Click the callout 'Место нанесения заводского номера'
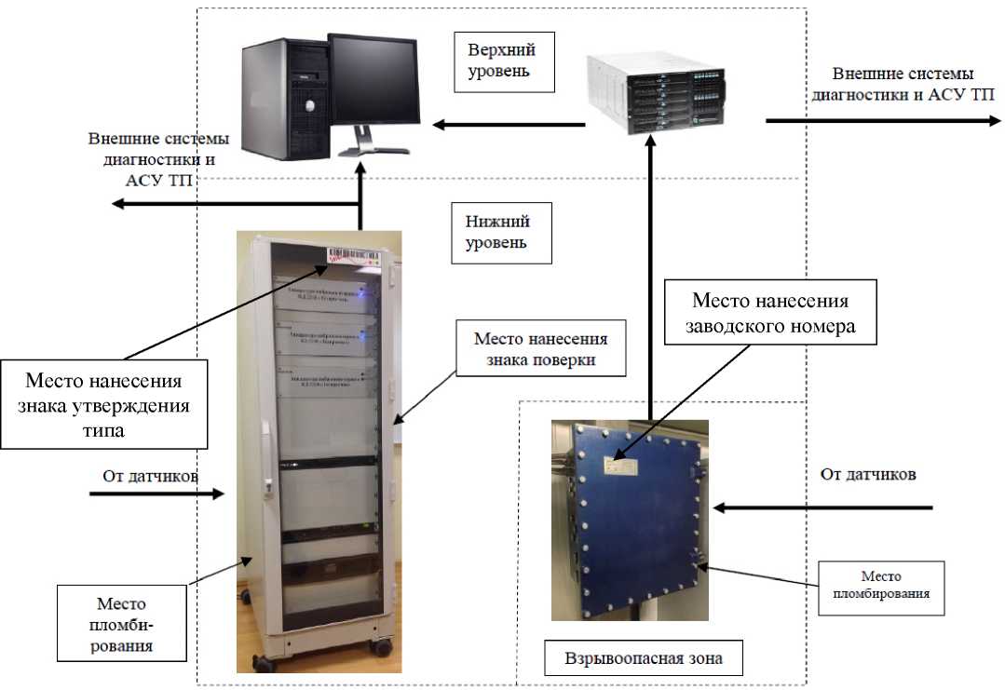(770, 314)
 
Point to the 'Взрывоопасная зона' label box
(642, 659)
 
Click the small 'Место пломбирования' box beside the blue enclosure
(880, 589)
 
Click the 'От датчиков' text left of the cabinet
(148, 476)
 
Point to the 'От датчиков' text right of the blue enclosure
(868, 474)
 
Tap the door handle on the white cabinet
(266, 456)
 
